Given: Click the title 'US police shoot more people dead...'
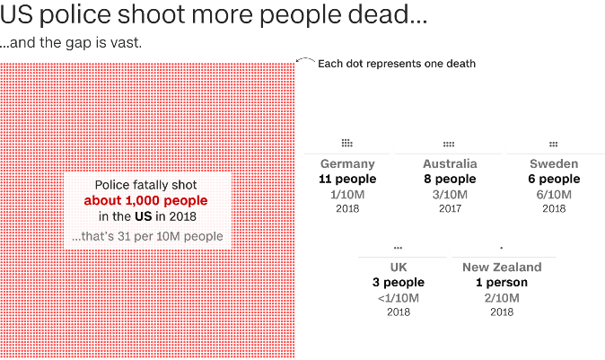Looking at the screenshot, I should (x=214, y=17).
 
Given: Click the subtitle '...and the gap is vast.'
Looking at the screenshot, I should (x=70, y=42).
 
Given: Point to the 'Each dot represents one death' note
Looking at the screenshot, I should (x=397, y=64).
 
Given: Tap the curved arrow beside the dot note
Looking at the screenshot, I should (x=305, y=62).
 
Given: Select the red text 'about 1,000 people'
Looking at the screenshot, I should (x=145, y=200).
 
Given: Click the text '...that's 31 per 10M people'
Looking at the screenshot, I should (x=147, y=237).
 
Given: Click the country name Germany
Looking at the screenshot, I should (x=347, y=164).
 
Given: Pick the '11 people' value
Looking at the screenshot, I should (x=347, y=179).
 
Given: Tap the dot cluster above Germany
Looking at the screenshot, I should (x=347, y=143).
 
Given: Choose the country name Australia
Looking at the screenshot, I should (x=450, y=164).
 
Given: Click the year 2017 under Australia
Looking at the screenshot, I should (x=450, y=208).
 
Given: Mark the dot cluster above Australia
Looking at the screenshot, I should (x=449, y=144).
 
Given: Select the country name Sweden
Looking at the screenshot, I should (x=554, y=164).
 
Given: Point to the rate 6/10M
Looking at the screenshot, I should (x=554, y=194).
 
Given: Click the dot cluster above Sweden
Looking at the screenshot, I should (x=554, y=144).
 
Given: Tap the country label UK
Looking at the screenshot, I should (x=399, y=268).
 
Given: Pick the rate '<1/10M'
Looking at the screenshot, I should (x=399, y=297).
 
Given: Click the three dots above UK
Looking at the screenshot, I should (x=399, y=247).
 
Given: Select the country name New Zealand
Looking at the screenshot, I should (x=502, y=268).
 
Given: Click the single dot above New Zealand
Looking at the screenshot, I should (x=502, y=247).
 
